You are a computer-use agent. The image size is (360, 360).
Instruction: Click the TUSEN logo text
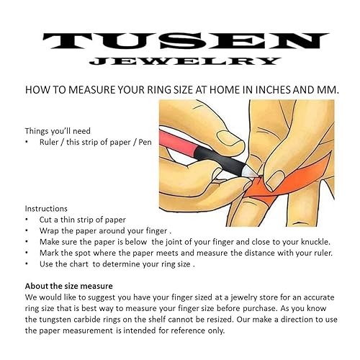[180, 40]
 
